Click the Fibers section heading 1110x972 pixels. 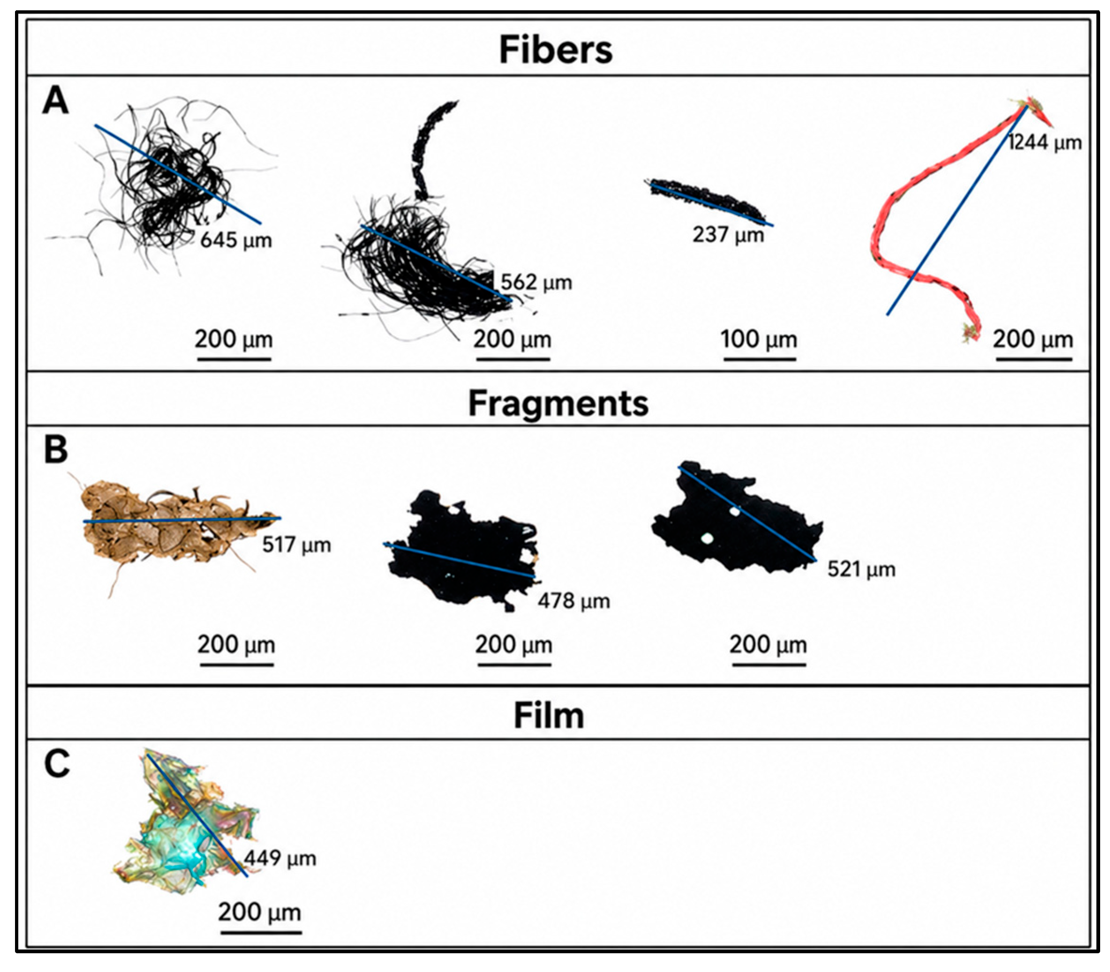click(555, 50)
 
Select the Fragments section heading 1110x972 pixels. click(558, 404)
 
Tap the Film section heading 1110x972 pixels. click(549, 716)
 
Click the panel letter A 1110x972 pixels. click(55, 101)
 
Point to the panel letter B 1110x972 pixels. click(55, 449)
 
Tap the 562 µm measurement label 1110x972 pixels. click(536, 282)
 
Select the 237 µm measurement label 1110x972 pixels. click(728, 235)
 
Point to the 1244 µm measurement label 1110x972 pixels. click(1045, 142)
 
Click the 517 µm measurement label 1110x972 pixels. click(296, 545)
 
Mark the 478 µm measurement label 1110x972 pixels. click(574, 601)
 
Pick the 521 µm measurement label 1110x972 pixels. click(861, 569)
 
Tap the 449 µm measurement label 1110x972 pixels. click(280, 859)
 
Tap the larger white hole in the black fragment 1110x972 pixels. click(707, 538)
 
